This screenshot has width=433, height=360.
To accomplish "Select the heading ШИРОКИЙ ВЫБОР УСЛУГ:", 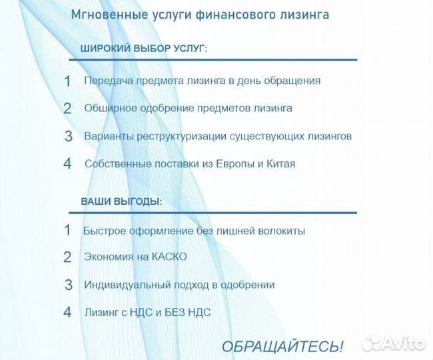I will click(143, 49).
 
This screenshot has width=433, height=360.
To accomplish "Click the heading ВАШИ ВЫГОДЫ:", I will click(121, 201).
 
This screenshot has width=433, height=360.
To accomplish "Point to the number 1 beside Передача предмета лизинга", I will click(67, 81).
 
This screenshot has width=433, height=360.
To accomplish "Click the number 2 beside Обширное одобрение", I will click(67, 109).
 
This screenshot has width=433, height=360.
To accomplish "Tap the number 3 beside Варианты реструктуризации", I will click(68, 137).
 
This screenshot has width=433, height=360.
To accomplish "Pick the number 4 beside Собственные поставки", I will click(67, 164).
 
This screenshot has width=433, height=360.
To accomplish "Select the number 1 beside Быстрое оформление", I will click(67, 231).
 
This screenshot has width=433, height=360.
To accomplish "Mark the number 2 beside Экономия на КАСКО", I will click(67, 257).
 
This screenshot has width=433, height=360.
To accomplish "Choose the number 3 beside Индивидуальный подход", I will click(68, 285).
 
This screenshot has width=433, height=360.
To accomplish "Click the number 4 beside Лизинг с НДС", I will click(67, 312).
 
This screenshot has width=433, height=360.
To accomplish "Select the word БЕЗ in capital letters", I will click(177, 312).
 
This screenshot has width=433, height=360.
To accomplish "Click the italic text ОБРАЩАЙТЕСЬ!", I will click(282, 347).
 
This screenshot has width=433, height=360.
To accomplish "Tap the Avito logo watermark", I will click(393, 343).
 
